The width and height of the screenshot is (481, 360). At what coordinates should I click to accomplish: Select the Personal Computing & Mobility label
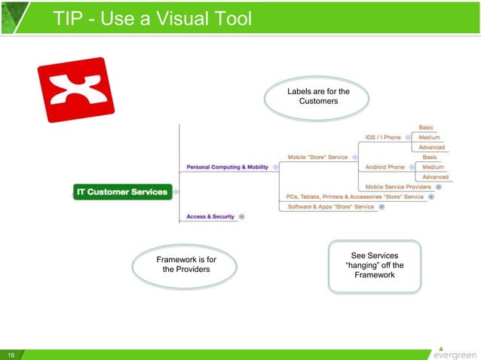coord(227,167)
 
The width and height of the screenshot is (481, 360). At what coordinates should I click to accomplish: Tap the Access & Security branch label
coord(210,217)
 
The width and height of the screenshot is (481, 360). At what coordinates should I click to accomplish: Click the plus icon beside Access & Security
coord(242,217)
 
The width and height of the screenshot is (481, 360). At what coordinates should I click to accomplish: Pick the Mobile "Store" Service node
coord(317,157)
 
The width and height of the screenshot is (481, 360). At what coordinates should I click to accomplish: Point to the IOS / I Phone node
coord(383,138)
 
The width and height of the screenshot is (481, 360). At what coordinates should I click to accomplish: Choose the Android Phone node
coord(384,167)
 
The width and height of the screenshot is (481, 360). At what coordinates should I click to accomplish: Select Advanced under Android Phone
coord(435,177)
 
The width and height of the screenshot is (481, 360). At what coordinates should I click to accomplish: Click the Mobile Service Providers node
coord(398,187)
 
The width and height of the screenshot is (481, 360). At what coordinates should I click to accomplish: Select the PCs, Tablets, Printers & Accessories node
coord(354,197)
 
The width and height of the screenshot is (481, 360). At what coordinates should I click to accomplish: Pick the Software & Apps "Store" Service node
coord(330,207)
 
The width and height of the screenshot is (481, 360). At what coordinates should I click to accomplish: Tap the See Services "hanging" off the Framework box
coord(374,265)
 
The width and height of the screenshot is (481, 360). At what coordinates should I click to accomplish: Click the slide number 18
coord(11,354)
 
